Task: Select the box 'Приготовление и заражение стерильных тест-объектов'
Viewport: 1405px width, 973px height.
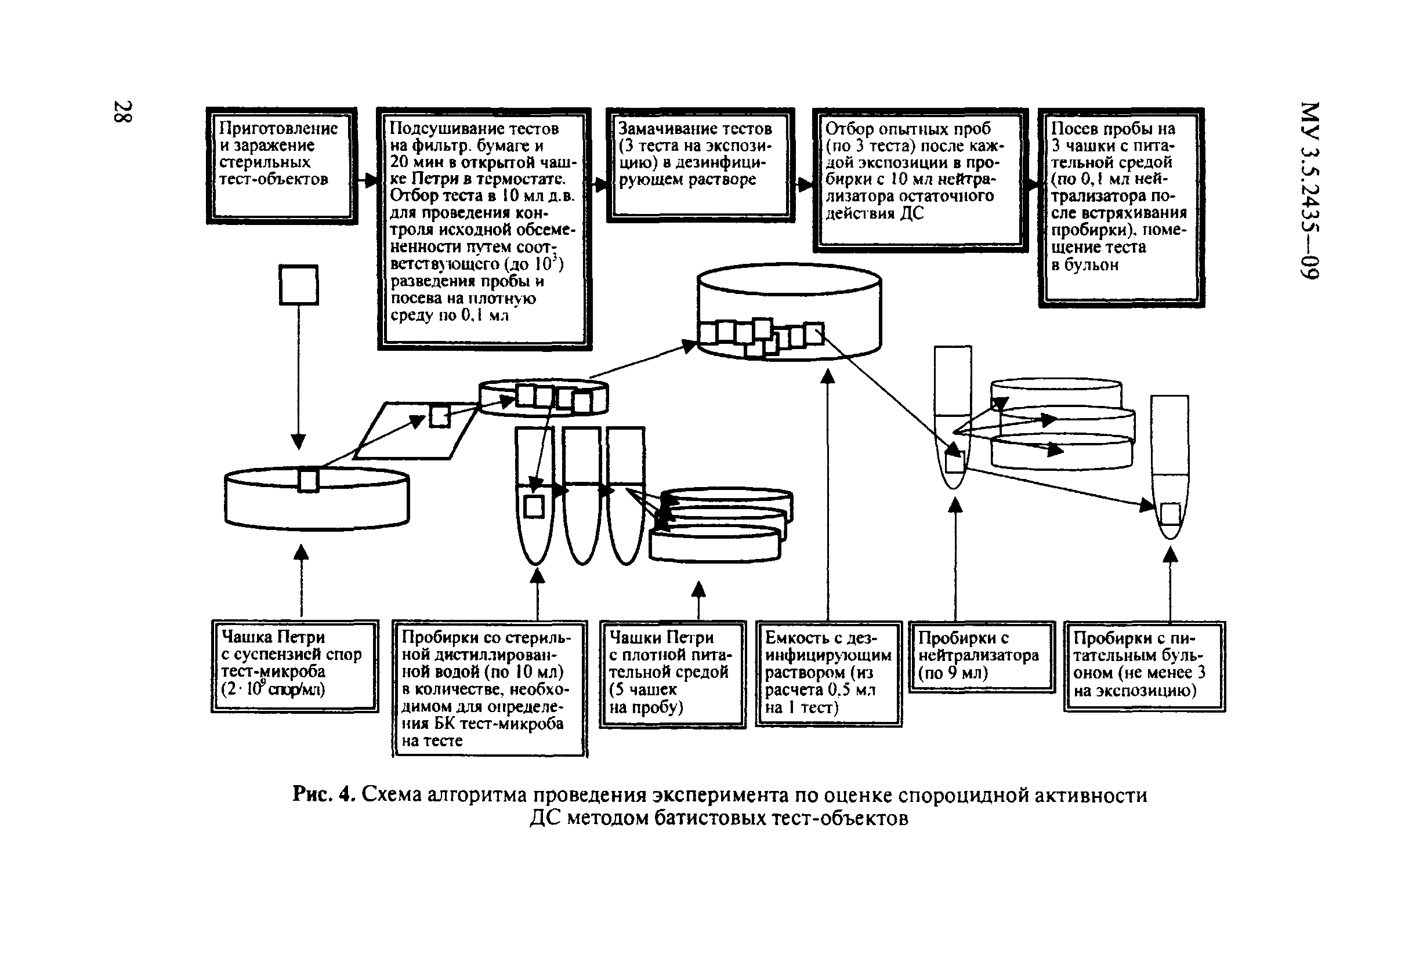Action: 281,166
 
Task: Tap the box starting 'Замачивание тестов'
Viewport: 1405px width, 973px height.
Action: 700,165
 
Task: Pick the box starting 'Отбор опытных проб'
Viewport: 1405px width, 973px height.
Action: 919,180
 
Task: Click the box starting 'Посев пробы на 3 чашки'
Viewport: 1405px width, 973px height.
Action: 1121,207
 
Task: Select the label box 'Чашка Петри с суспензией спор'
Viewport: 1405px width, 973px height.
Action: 295,665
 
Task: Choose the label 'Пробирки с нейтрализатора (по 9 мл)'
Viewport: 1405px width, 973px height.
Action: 981,656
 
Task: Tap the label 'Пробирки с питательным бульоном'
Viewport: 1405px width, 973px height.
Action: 1144,666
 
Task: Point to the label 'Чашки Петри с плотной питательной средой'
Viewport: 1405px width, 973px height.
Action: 672,674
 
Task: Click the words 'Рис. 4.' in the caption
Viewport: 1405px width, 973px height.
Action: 323,794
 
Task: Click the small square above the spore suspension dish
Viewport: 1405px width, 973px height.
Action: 298,284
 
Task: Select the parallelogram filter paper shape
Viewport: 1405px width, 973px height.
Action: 415,430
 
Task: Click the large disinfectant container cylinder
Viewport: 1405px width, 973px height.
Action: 789,311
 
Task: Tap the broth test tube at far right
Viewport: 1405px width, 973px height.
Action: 1169,466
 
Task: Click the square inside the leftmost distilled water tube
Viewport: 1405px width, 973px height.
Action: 534,507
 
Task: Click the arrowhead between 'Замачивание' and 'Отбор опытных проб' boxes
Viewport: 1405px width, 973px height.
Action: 806,185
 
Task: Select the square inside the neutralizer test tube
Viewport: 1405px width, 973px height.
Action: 954,463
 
